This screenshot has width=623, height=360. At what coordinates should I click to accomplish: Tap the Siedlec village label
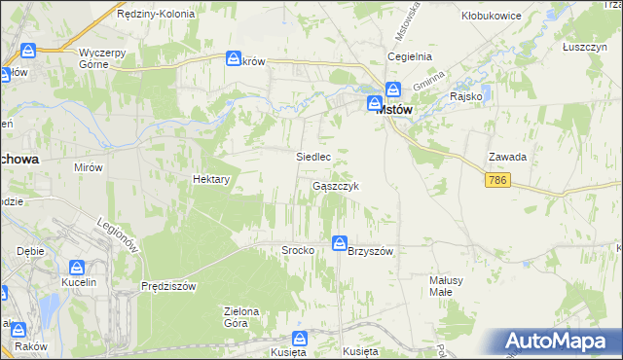pyautogui.click(x=313, y=156)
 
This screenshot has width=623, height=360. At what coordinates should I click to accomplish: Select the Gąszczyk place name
pyautogui.click(x=338, y=186)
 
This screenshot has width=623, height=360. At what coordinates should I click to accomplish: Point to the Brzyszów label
pyautogui.click(x=370, y=251)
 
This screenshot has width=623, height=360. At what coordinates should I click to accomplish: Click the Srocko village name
pyautogui.click(x=297, y=250)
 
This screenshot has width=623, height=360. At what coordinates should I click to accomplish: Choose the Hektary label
pyautogui.click(x=211, y=180)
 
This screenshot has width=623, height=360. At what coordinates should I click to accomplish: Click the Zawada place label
pyautogui.click(x=508, y=158)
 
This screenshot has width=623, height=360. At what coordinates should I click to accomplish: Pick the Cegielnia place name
pyautogui.click(x=410, y=57)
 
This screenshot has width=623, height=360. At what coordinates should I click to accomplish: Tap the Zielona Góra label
pyautogui.click(x=242, y=317)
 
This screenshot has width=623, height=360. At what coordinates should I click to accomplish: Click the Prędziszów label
pyautogui.click(x=169, y=286)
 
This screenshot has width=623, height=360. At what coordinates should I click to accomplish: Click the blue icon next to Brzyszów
pyautogui.click(x=339, y=243)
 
